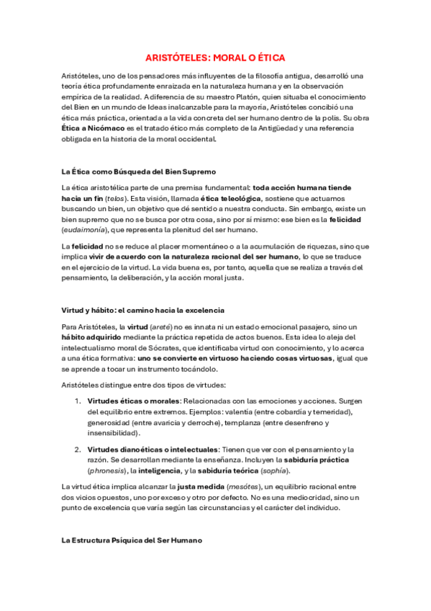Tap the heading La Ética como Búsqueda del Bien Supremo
pyautogui.click(x=139, y=172)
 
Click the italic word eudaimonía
pyautogui.click(x=85, y=229)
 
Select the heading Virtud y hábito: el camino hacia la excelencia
pyautogui.click(x=143, y=310)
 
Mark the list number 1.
pyautogui.click(x=78, y=400)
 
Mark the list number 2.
pyautogui.click(x=78, y=449)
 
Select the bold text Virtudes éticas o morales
pyautogui.click(x=133, y=400)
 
